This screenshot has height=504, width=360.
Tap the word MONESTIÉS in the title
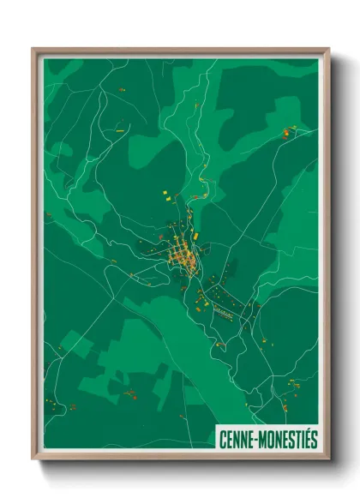[288, 438]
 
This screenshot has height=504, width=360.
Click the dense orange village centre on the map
[182, 253]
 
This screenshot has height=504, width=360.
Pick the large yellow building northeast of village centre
[195, 231]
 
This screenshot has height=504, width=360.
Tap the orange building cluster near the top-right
[288, 133]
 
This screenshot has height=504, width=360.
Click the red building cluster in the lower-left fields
[130, 394]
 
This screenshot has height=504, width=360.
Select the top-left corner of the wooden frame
[33, 49]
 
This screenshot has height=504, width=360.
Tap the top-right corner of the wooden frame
[328, 49]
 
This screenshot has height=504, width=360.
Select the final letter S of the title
[314, 438]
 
